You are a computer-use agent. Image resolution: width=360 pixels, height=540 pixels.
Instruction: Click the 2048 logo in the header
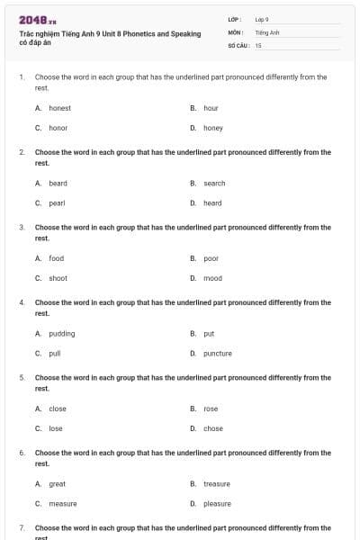38,19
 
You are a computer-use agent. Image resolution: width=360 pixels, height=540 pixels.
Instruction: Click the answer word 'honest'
59,108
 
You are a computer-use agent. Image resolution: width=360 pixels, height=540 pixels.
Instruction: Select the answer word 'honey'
213,128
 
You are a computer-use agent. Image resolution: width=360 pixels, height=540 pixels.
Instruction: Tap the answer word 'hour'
211,108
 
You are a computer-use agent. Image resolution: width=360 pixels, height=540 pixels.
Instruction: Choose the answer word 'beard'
58,183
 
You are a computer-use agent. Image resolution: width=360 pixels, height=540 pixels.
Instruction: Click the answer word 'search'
214,183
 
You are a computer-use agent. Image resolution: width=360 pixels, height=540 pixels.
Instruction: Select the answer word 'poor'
211,258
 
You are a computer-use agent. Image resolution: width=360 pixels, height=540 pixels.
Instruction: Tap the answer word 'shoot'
58,278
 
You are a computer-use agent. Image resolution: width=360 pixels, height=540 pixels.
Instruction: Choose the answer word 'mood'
212,278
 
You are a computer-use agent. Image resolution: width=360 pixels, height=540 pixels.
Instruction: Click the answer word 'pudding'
61,333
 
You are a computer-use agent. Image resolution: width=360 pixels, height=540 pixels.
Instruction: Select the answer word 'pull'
55,353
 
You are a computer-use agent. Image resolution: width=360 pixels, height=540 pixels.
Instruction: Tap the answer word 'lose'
56,428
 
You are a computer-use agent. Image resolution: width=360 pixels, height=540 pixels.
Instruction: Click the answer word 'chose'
213,428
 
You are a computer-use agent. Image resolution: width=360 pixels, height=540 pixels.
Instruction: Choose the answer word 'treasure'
217,483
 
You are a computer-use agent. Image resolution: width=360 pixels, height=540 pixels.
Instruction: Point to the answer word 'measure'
62,504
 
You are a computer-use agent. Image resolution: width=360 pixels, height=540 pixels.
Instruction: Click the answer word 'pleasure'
217,504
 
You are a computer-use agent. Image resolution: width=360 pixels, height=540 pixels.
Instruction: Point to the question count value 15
258,44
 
